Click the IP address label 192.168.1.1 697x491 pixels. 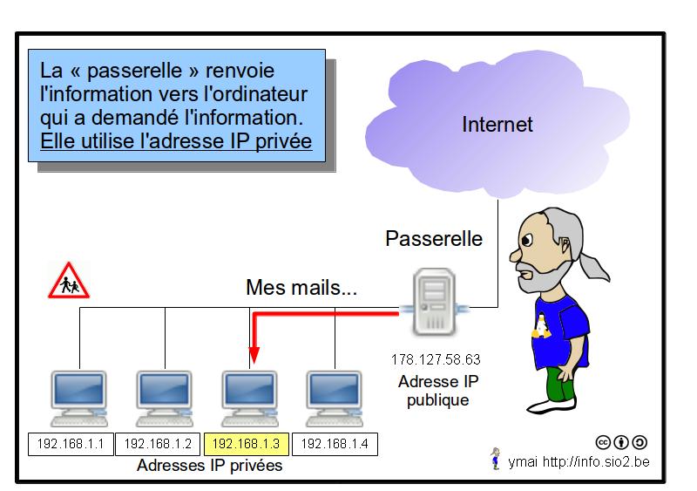point(71,444)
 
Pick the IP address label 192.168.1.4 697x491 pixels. point(334,444)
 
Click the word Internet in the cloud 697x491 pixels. point(497,124)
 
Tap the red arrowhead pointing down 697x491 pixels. point(253,356)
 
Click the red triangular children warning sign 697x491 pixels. point(67,283)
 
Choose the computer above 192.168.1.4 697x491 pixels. point(333,398)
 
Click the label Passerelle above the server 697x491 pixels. point(434,238)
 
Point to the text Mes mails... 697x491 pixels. point(301,287)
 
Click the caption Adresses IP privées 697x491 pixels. point(209,466)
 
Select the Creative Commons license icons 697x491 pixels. point(621,442)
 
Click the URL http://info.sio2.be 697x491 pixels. point(596,460)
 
